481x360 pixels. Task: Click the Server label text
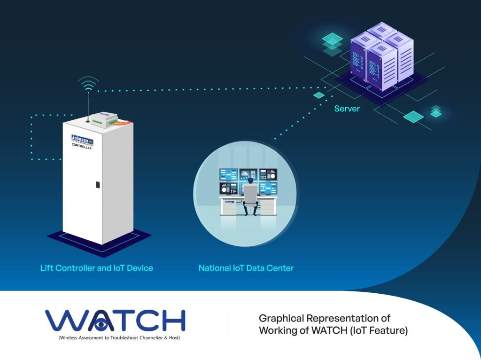(347, 109)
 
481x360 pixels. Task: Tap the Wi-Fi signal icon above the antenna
(88, 85)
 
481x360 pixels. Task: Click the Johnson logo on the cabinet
(82, 139)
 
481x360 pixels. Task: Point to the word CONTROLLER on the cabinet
(82, 146)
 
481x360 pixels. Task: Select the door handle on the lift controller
(97, 184)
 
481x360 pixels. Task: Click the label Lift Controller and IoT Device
(96, 268)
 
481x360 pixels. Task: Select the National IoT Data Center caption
(246, 268)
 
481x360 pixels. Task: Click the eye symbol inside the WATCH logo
(100, 324)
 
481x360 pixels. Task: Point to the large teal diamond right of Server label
(413, 117)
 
